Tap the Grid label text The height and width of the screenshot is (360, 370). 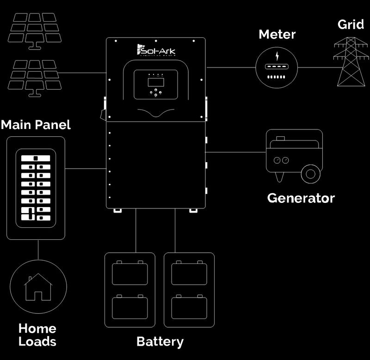tap(351, 24)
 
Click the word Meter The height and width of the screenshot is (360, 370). tap(277, 34)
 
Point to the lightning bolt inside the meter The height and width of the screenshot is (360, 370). tap(277, 56)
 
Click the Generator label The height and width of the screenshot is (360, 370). tap(301, 198)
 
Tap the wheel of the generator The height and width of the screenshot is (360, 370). tap(311, 174)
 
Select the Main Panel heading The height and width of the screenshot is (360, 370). tap(36, 124)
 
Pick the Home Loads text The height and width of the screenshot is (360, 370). tap(37, 335)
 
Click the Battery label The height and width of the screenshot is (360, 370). tap(160, 342)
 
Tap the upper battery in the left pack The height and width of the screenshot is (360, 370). tap(130, 274)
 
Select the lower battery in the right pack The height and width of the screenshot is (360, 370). tap(189, 307)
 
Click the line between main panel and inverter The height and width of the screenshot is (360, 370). tap(86, 169)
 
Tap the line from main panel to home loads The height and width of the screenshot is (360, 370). tap(38, 249)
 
